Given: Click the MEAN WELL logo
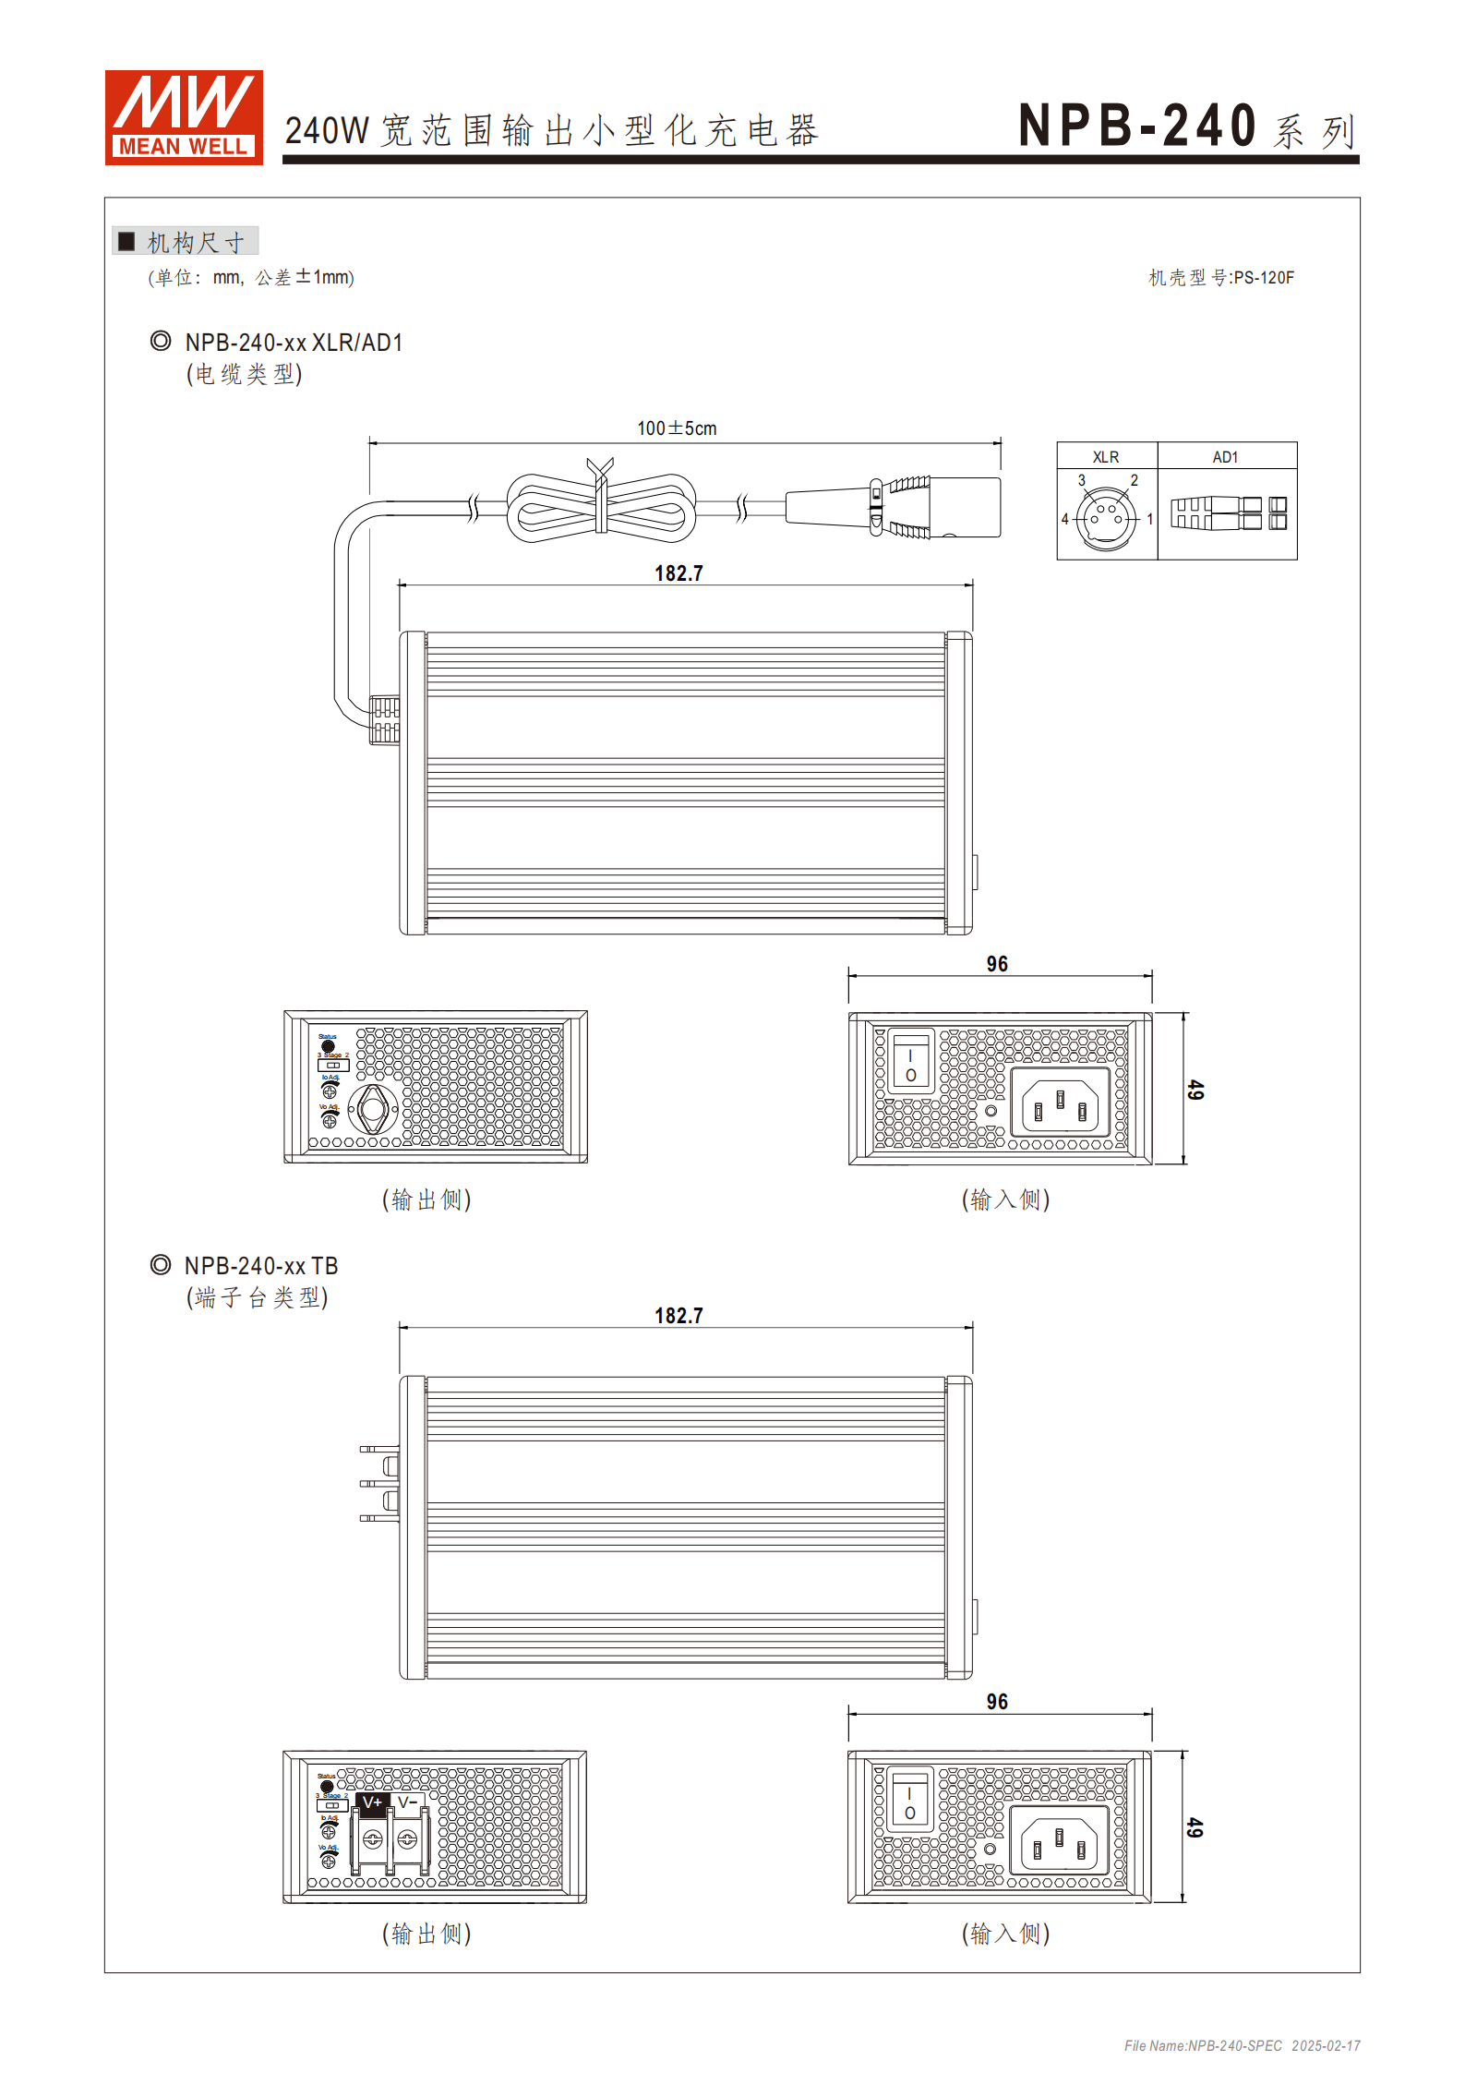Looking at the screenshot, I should click(184, 117).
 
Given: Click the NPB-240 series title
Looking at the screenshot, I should click(1186, 127).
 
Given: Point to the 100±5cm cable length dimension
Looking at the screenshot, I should click(677, 428).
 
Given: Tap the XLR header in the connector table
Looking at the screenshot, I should click(1106, 457).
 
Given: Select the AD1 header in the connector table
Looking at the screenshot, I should click(1225, 457).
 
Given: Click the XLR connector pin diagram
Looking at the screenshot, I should click(1106, 518).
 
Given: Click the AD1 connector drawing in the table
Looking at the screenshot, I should click(1228, 513).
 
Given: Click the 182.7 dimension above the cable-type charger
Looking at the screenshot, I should click(678, 573).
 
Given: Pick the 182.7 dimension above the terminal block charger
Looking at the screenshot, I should click(678, 1316).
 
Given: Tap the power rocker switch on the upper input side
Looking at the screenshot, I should click(910, 1062).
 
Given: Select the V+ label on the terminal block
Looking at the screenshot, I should click(372, 1802).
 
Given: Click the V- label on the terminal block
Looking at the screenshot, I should click(407, 1802).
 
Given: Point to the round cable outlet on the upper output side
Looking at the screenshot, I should click(373, 1110).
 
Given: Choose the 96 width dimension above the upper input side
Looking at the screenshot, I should click(997, 964).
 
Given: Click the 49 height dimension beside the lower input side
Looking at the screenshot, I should click(1195, 1827).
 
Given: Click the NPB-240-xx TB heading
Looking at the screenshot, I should click(261, 1266).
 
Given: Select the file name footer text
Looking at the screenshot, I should click(1242, 2046).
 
